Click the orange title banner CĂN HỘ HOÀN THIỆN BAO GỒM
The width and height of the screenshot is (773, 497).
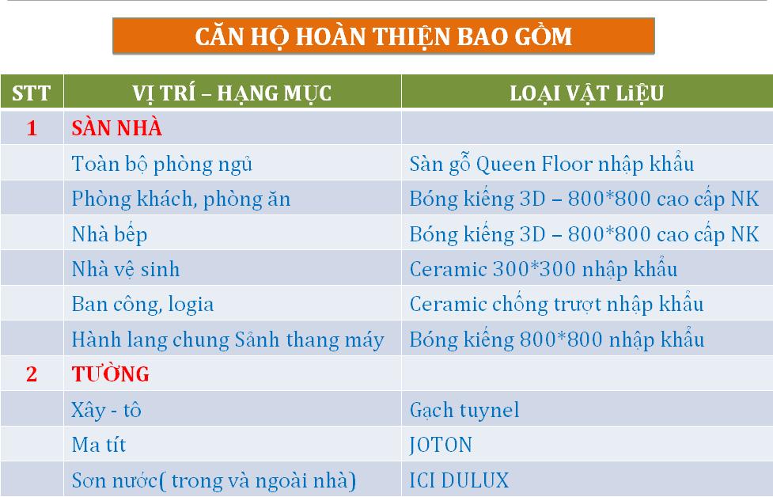[x=384, y=36]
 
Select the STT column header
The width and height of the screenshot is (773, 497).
[x=32, y=93]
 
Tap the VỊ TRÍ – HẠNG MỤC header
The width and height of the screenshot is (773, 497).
[x=232, y=93]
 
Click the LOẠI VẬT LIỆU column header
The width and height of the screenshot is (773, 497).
[x=586, y=93]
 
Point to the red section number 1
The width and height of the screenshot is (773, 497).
[x=32, y=128]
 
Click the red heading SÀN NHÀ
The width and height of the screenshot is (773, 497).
[x=117, y=127]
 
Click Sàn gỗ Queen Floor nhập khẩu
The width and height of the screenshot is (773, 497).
[x=551, y=164]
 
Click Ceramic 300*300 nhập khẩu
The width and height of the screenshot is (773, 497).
[x=544, y=269]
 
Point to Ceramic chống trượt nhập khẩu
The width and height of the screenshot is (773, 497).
[x=556, y=305]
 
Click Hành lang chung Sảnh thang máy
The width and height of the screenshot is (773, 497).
[x=228, y=340]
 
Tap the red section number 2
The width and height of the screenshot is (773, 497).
[x=32, y=374]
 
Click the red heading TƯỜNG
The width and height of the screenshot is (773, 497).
[x=111, y=374]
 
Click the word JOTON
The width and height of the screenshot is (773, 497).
[x=441, y=446]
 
